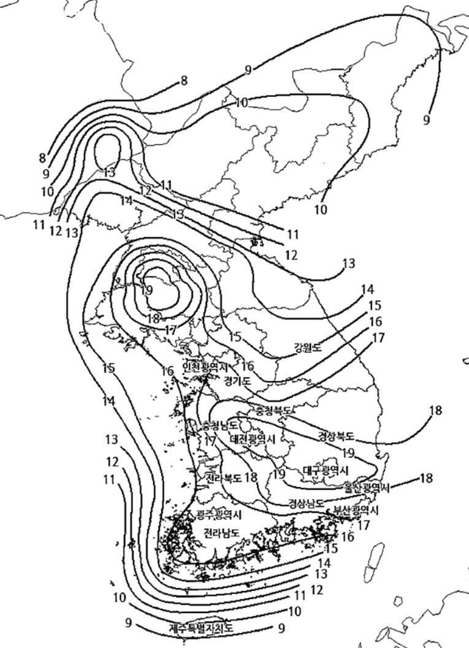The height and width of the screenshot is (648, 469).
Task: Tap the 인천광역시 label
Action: [205, 368]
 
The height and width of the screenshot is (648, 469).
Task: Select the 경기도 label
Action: [238, 381]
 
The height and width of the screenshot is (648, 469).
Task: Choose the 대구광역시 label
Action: [326, 470]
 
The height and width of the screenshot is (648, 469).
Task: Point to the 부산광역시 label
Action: [357, 510]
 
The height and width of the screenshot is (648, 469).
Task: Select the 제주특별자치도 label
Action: [202, 628]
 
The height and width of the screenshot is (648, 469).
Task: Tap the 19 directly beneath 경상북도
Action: [348, 453]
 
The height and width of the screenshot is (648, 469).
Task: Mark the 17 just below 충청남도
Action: [210, 441]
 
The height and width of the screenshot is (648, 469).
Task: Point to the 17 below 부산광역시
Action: [363, 525]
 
